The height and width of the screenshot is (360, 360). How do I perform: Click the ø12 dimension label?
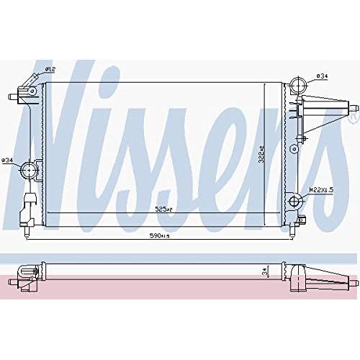click(x=51, y=69)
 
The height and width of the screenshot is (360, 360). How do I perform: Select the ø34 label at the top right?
click(x=322, y=75)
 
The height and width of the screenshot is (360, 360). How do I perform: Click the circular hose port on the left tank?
click(x=30, y=170)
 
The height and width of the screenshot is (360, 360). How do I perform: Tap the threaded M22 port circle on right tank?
click(x=295, y=201)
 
